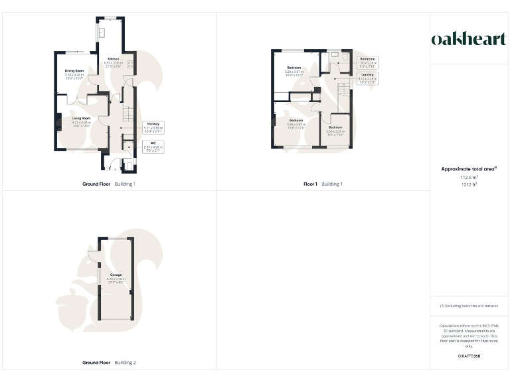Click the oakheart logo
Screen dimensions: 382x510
coord(469,40)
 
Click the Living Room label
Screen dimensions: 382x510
coord(81,120)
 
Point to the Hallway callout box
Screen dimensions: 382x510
coord(153,128)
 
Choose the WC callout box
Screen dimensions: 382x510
coord(153,147)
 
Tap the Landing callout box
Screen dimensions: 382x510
coord(367,79)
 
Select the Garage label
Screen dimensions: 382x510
coord(116,277)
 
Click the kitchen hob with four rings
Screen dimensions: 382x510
coord(130,64)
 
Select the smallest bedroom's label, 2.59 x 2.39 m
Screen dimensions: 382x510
coord(335,129)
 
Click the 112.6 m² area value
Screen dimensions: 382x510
coord(469,178)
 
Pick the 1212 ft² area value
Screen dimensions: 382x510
coord(469,185)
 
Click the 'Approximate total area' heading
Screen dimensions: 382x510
coord(469,169)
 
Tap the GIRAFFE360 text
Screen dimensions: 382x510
coord(469,356)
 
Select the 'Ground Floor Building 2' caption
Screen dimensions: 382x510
coord(109,363)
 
